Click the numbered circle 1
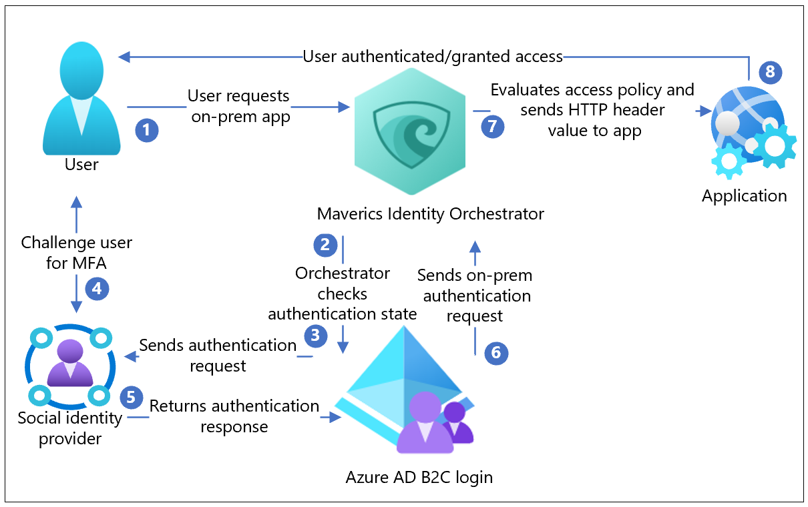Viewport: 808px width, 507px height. (x=147, y=129)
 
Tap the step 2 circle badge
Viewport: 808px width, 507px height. (x=325, y=244)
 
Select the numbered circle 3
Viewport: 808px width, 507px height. (x=316, y=335)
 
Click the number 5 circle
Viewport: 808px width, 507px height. (x=131, y=398)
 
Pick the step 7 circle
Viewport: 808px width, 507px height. (x=492, y=126)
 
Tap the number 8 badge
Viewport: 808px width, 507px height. (x=770, y=72)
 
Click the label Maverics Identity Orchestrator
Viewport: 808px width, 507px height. (x=431, y=214)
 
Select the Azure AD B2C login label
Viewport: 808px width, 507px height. (x=419, y=478)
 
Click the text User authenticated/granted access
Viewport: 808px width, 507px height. (x=433, y=57)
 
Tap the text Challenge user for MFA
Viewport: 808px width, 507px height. (x=76, y=253)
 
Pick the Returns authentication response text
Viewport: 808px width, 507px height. (x=234, y=416)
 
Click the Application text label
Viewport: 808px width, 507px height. (x=744, y=195)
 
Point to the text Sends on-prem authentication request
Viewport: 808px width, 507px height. (x=475, y=295)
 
